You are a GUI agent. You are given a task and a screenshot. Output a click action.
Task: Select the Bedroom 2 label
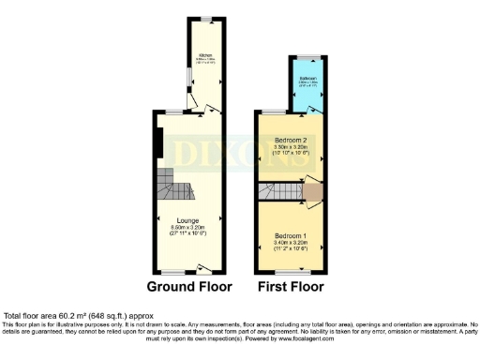click(291, 139)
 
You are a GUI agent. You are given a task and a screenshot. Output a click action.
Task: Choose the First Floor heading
click(290, 286)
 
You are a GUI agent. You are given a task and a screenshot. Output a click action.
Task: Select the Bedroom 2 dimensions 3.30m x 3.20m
click(291, 147)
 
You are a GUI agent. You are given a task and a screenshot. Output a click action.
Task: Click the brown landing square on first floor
click(312, 192)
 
